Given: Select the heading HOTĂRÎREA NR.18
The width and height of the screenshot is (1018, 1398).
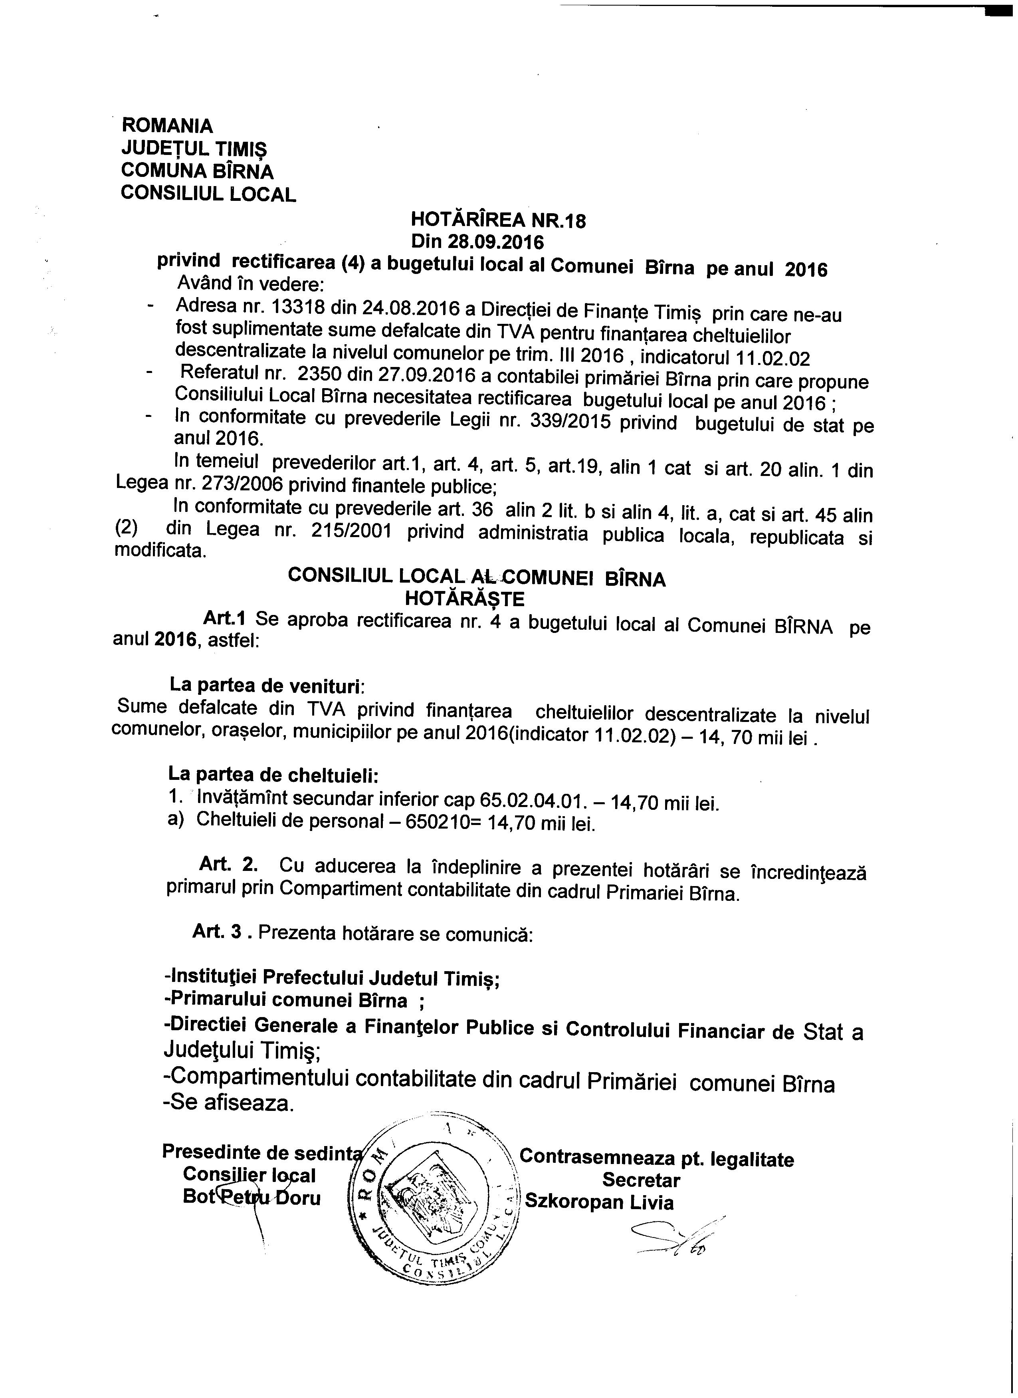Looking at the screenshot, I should [498, 220].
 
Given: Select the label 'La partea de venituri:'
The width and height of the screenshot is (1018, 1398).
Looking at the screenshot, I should [267, 686].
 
